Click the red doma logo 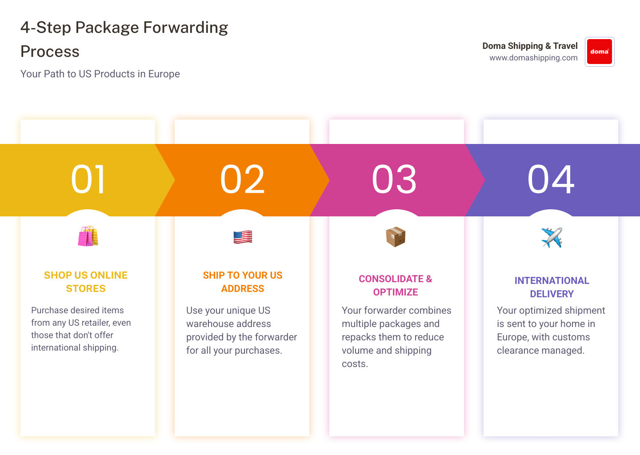pos(600,52)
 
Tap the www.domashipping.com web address pos(533,58)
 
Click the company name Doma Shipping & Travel pos(530,46)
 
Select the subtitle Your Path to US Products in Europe pos(100,74)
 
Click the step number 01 pos(88,180)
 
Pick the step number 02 pos(242,180)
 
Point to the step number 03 pos(394,180)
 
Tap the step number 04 pos(551,180)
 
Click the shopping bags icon pos(88,236)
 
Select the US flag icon pos(243,237)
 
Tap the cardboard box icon pos(396,237)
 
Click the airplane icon pos(552,237)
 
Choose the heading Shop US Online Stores pos(86,282)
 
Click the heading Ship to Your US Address pos(243,282)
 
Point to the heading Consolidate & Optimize pos(396,285)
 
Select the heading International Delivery pos(552,287)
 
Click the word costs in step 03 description pos(355,364)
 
